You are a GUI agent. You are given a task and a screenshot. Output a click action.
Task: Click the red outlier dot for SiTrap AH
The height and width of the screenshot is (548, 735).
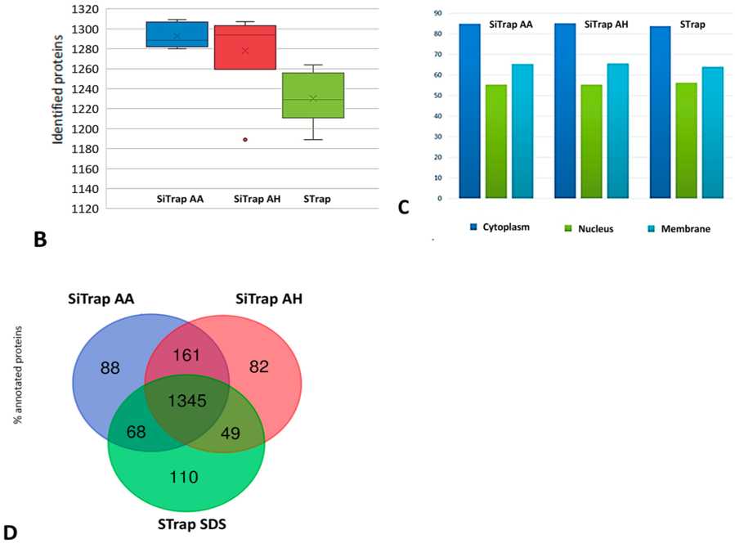click(244, 140)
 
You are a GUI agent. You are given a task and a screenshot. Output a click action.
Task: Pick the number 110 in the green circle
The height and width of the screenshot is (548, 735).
click(183, 476)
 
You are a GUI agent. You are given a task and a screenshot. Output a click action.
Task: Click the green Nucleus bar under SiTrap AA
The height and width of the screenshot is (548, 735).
click(496, 141)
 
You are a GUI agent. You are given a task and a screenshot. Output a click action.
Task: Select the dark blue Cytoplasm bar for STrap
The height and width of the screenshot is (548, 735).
click(660, 111)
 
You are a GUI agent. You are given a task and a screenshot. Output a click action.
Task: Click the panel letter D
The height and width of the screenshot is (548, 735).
click(9, 533)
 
